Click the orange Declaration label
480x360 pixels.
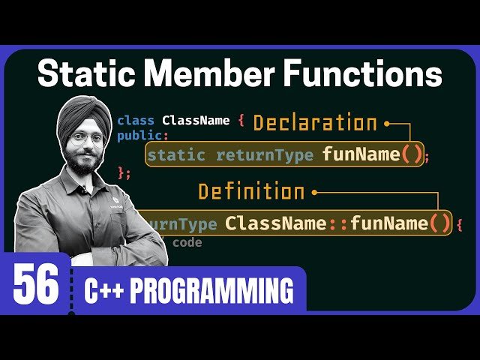pyautogui.click(x=315, y=123)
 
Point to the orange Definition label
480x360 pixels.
pyautogui.click(x=251, y=192)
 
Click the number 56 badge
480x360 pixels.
pyautogui.click(x=35, y=288)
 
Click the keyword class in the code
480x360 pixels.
pyautogui.click(x=136, y=121)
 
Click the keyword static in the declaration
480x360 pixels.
pyautogui.click(x=176, y=156)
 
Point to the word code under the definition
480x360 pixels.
pyautogui.click(x=187, y=242)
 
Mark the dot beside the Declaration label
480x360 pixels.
pyautogui.click(x=387, y=122)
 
